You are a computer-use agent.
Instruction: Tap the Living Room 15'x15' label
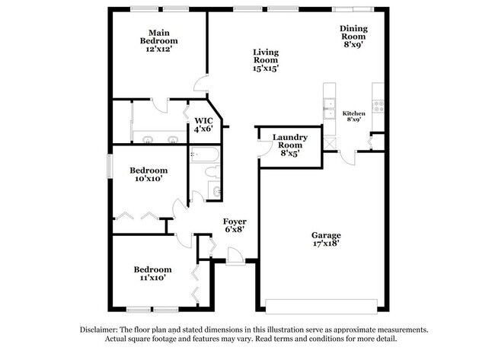tap(266, 59)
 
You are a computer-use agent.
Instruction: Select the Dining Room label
tap(353, 37)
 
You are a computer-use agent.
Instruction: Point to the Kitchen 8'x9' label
tap(355, 116)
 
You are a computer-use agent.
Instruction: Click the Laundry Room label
tap(291, 145)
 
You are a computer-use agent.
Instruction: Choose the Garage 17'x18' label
tap(326, 240)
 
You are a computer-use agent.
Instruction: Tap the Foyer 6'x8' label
tap(233, 225)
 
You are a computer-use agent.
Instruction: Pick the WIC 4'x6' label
tap(203, 125)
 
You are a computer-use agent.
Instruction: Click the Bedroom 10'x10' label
tap(148, 174)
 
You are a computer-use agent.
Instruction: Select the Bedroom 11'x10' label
tap(152, 273)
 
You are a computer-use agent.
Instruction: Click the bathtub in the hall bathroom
tap(205, 156)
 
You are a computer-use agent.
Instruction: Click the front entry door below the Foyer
tap(235, 259)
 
